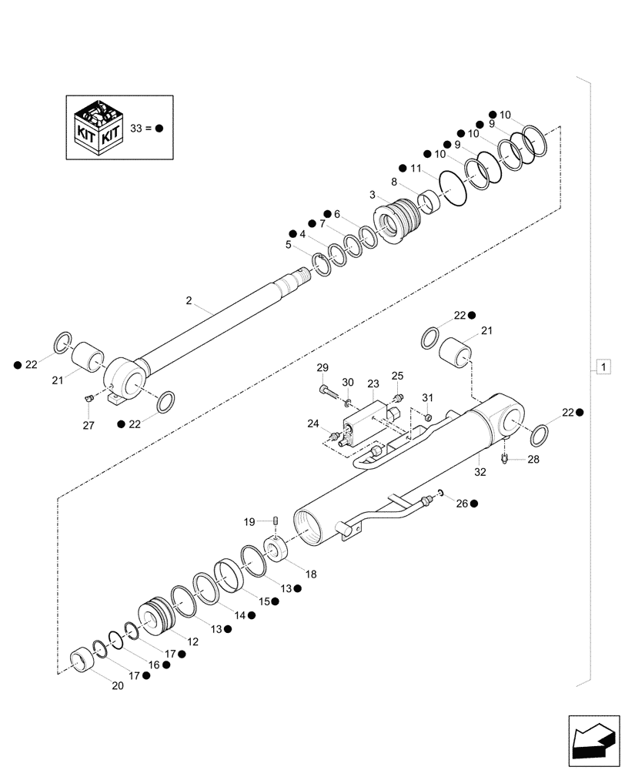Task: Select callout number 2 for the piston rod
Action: [189, 300]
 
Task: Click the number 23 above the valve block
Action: [373, 383]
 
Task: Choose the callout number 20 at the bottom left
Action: [117, 687]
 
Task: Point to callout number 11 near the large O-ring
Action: [416, 168]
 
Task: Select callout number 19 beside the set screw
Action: [249, 522]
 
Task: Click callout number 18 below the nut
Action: [310, 574]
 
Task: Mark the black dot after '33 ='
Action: [160, 129]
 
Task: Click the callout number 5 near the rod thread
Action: [288, 245]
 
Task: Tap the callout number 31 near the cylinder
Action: [428, 397]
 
